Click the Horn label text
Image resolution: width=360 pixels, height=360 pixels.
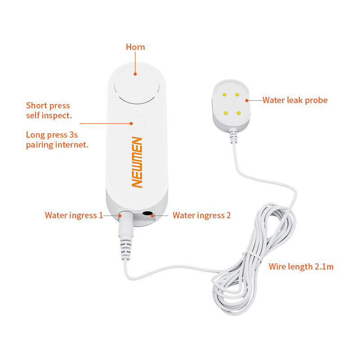click(x=135, y=47)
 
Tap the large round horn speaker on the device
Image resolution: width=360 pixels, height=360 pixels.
click(x=137, y=85)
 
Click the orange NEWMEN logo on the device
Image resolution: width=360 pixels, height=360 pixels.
click(x=137, y=162)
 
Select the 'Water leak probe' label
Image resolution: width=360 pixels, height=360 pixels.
click(x=295, y=100)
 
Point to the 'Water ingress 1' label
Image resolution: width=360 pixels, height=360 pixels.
click(x=74, y=216)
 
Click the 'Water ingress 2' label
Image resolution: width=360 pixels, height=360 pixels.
click(x=202, y=216)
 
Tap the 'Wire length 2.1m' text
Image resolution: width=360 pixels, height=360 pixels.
click(x=301, y=266)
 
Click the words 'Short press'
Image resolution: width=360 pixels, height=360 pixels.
click(x=48, y=106)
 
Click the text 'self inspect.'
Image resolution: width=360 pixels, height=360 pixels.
click(x=49, y=116)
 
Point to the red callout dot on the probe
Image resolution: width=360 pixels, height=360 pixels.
click(x=247, y=100)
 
